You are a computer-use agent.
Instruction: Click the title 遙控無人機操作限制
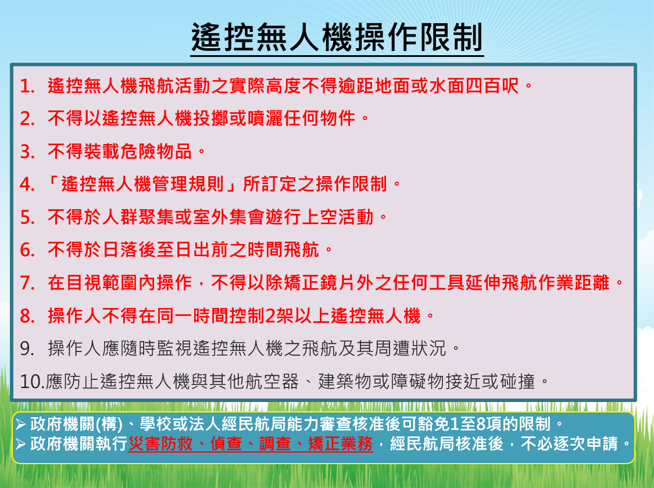[x=337, y=37]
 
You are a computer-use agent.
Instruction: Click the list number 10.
[x=32, y=382]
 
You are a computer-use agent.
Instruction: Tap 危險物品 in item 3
[x=156, y=151]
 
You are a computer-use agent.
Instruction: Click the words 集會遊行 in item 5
[x=265, y=217]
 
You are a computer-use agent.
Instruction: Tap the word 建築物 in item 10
[x=345, y=381]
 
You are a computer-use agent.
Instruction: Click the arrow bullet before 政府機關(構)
[x=20, y=425]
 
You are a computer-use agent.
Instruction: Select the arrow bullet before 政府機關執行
[x=20, y=444]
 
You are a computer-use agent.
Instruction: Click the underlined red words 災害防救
[x=160, y=444]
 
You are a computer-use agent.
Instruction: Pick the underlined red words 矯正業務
[x=340, y=444]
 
